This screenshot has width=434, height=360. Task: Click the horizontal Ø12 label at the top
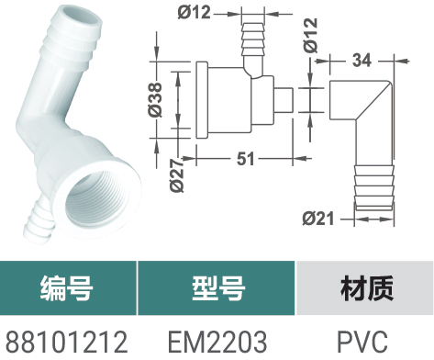(195, 13)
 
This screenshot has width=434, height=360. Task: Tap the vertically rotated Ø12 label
(311, 36)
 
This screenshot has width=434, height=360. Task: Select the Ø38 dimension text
(155, 100)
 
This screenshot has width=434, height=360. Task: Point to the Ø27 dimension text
(177, 175)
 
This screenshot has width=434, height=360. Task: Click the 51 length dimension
(246, 159)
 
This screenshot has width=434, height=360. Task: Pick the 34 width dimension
(362, 61)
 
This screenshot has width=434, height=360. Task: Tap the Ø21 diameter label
(318, 219)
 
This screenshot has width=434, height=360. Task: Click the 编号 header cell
(68, 287)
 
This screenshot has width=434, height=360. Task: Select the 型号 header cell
(217, 287)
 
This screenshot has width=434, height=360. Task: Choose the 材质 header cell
(365, 287)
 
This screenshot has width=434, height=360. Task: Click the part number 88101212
(67, 342)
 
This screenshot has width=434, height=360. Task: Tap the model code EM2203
(217, 342)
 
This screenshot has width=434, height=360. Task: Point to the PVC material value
(362, 342)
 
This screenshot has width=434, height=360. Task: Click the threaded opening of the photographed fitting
(96, 198)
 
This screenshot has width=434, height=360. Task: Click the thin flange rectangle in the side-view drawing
(202, 100)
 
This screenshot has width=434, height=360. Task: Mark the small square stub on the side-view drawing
(284, 100)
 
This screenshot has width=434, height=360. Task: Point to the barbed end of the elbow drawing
(373, 187)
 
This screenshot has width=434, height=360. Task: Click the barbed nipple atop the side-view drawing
(252, 39)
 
